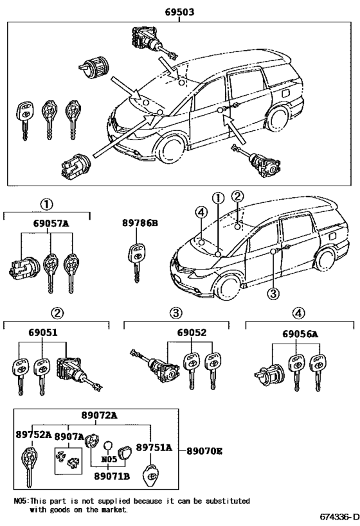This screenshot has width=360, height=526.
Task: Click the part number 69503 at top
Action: pos(179,11)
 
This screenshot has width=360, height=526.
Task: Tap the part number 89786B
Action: pos(139,224)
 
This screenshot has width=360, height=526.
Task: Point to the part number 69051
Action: pos(42,333)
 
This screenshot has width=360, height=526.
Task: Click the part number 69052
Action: pos(192,333)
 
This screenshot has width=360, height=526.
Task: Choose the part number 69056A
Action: pos(300,333)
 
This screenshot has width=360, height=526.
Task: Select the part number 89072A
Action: pos(99,416)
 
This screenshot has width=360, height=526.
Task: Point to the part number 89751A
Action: pos(154,447)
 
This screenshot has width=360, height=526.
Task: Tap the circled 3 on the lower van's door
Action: pos(273,293)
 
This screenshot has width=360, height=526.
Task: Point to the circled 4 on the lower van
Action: pos(201,213)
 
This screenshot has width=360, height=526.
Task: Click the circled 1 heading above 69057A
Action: pos(46,204)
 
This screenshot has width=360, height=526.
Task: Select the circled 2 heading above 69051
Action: pos(57,313)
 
